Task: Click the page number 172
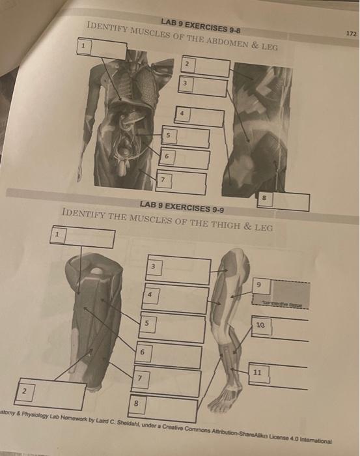351,32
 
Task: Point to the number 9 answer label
258,284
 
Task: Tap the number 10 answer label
260,323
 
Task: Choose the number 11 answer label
258,372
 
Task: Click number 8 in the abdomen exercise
264,195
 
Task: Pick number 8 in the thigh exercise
135,404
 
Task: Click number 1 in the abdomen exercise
83,46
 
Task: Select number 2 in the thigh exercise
23,391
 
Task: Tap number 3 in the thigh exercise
153,266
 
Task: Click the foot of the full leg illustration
224,399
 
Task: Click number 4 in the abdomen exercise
183,113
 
